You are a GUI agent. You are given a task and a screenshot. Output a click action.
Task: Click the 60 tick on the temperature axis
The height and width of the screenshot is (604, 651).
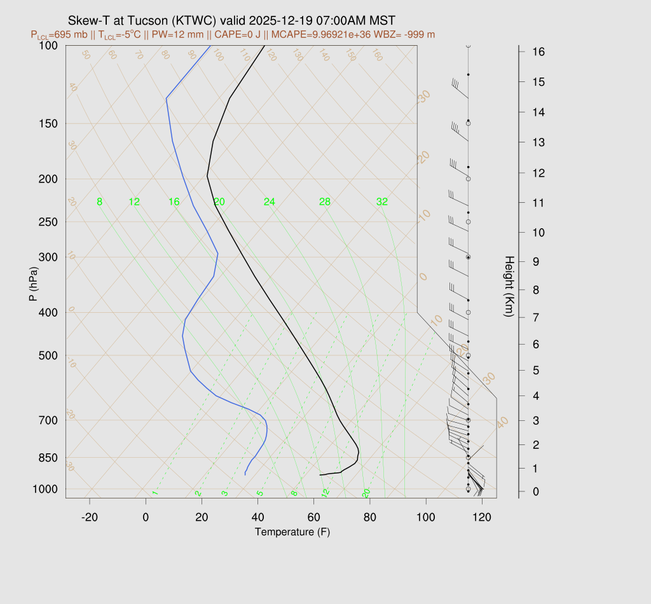click(x=314, y=518)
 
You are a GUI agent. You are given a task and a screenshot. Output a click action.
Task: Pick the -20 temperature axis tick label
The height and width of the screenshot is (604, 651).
click(x=90, y=518)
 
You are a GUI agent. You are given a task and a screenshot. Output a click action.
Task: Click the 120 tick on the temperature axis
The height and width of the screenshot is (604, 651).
click(x=482, y=518)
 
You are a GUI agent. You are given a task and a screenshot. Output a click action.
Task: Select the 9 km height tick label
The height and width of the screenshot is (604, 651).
click(x=537, y=261)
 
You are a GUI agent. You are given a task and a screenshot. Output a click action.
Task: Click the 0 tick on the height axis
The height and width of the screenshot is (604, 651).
click(x=537, y=491)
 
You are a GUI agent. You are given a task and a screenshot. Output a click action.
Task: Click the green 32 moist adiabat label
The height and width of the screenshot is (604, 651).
click(x=381, y=202)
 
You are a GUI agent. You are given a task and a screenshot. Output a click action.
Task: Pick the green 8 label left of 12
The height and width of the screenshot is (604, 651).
click(x=99, y=202)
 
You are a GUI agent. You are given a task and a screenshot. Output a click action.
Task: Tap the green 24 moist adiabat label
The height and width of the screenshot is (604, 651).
click(x=270, y=202)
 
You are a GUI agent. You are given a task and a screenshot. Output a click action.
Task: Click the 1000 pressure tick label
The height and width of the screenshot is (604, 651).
click(x=45, y=489)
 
